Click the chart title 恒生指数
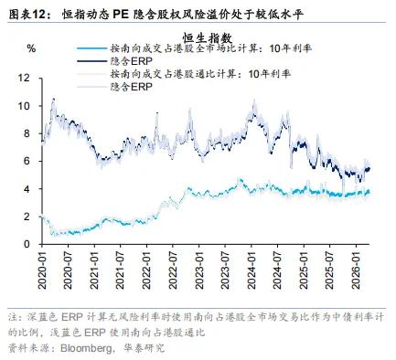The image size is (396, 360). coord(208,38)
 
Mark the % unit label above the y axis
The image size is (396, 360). coord(31,48)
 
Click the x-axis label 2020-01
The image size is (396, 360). coord(42,270)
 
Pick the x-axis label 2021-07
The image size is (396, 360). coord(121,270)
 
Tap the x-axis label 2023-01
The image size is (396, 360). coord(199,270)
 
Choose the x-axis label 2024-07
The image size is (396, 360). coord(278,270)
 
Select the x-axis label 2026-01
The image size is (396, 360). coord(357,270)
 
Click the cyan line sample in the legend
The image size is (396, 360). coord(91,48)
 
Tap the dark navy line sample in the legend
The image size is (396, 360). coord(91,61)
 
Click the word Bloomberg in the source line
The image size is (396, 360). coord(86,348)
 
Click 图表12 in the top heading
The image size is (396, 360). coord(27,15)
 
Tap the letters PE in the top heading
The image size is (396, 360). coord(120,15)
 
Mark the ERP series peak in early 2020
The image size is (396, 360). coord(54,99)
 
